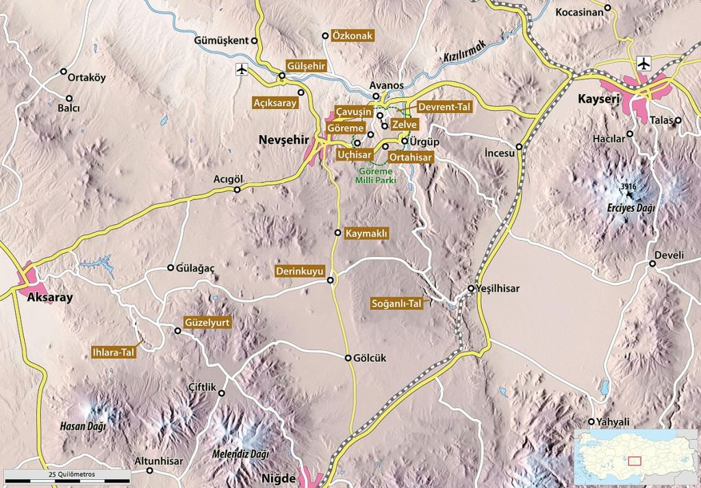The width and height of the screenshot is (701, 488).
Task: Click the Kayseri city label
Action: pos(598,99)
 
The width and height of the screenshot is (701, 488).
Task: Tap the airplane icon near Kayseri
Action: pos(643,63)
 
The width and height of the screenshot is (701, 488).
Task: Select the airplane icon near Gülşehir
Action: pos(242,69)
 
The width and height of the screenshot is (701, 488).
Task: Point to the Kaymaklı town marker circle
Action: pos(337,233)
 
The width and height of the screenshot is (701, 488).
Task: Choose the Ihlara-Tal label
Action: pos(114,353)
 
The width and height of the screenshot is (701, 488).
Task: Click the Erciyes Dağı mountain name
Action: pos(630,208)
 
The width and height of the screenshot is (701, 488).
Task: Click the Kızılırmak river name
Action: pos(464,51)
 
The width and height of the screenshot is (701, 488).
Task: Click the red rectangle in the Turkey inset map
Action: pos(635,461)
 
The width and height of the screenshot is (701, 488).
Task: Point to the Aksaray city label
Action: pos(49,298)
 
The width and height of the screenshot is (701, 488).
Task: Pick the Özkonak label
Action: pos(351,36)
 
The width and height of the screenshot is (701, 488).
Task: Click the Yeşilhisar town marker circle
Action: pos(472,289)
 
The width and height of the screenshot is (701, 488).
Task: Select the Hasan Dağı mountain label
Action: pos(82,426)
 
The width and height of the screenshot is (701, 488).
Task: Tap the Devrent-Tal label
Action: pos(445,108)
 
